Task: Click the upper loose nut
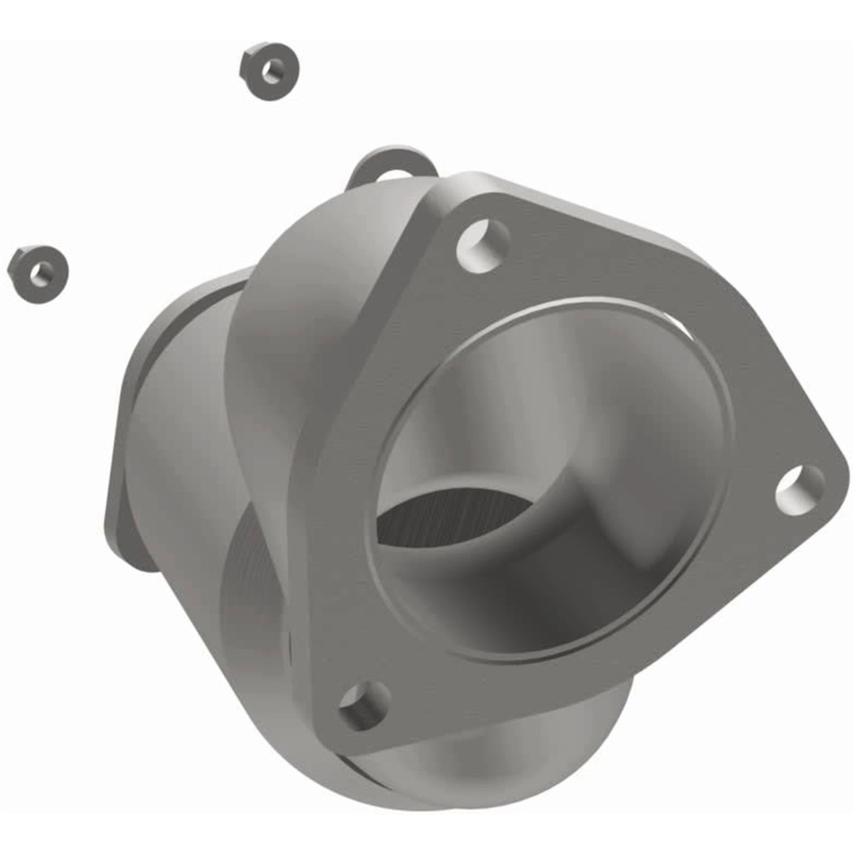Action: (x=269, y=71)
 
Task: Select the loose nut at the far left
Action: (x=38, y=274)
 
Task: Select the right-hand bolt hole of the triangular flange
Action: (x=799, y=490)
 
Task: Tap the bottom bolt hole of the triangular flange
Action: (x=364, y=705)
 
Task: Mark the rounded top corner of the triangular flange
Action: (x=460, y=193)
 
